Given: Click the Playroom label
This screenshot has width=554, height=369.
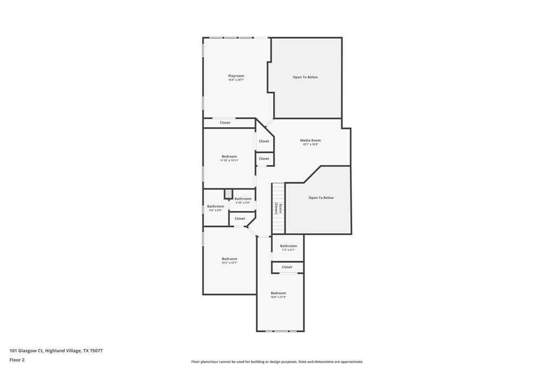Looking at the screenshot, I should pos(236,76).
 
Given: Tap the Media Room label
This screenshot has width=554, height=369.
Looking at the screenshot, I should pos(310,140).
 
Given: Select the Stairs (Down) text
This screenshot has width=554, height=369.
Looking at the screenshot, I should pos(276,208).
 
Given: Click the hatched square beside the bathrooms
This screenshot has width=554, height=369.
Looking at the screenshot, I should pos(229,194).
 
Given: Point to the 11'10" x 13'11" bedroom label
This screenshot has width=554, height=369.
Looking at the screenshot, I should pos(229,156).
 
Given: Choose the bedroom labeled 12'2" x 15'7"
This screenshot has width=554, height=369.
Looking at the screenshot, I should pos(229,259).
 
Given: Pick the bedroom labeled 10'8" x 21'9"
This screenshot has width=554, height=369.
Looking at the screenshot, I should pos(278,293).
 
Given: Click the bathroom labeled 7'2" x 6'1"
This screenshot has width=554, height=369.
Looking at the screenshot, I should pos(288,246).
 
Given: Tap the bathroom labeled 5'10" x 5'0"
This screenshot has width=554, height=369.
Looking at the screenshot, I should pos(242,199).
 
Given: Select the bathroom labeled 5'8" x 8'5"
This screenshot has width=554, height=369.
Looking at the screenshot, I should pos(215,206).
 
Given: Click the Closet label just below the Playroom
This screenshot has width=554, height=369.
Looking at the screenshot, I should pos(225,123).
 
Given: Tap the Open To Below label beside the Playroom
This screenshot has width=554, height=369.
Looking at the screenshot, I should pos(305,77).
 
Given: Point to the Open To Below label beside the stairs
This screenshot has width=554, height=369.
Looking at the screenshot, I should pos(321,198).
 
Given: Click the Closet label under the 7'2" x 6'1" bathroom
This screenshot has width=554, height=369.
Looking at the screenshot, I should pos(287,267).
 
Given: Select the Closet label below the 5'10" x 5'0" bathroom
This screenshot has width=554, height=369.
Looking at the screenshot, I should pos(240,219).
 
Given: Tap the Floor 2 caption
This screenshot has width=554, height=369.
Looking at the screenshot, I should pos(17,360).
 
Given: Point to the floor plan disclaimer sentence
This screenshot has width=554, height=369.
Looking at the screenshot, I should pos(277,361).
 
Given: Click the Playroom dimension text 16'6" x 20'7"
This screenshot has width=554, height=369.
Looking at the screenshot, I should pos(236,80).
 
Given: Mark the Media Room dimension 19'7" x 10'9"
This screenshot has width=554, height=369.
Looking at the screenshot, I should pos(310,144).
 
